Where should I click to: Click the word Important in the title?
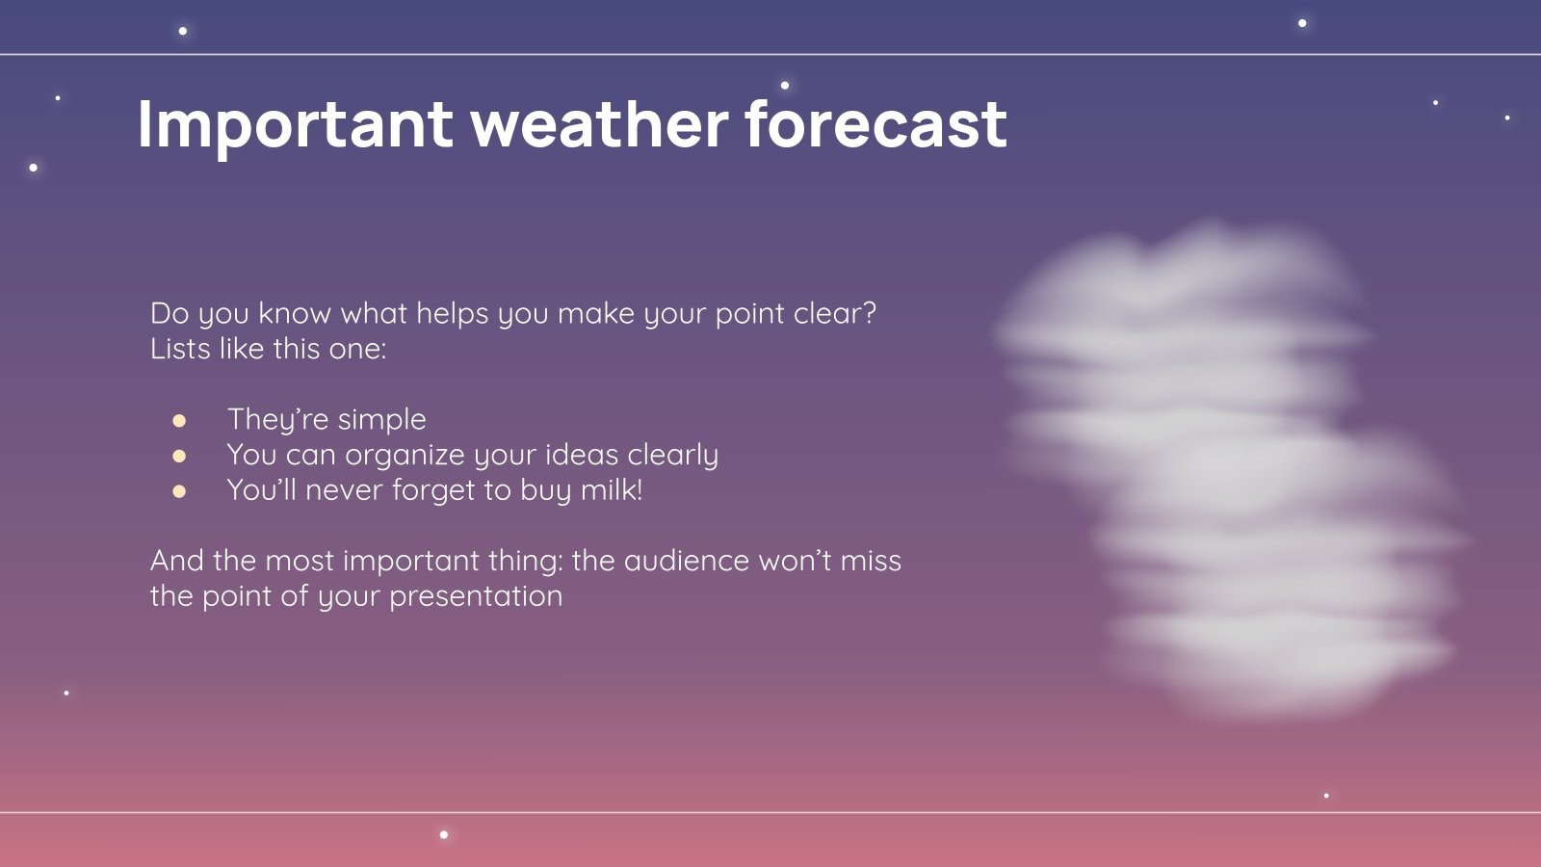point(295,125)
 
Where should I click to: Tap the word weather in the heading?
point(599,125)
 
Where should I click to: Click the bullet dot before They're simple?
point(179,421)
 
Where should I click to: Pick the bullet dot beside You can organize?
point(179,456)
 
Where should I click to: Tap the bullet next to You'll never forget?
point(179,491)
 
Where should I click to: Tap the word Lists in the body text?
point(180,349)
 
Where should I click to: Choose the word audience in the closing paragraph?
point(687,561)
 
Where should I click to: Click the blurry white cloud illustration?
point(1233,462)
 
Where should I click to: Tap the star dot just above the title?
point(785,86)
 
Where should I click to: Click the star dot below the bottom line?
point(444,834)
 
